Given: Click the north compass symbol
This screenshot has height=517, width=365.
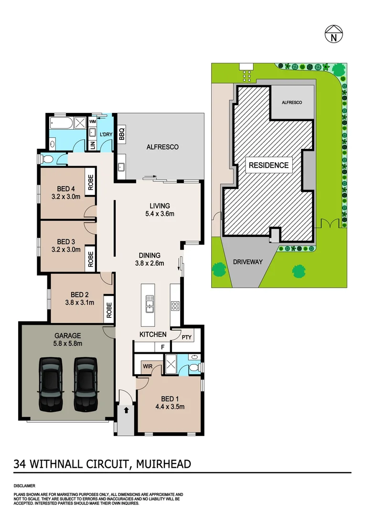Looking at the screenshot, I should coord(333,35).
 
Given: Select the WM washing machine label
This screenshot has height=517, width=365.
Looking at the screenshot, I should coord(93,122).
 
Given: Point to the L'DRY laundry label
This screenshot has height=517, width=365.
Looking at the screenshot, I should coord(106,135).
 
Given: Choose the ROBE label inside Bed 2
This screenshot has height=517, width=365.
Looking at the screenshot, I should coord(108,310).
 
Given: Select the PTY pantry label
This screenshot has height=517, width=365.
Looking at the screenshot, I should coord(187,337).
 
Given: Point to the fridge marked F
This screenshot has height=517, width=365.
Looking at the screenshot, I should coord(162,347).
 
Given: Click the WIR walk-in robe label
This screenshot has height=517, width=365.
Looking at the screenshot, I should coord(147,366).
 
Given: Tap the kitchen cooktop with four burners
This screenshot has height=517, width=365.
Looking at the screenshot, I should coord(175,305).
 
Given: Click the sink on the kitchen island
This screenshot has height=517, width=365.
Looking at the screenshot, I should coord(150,303).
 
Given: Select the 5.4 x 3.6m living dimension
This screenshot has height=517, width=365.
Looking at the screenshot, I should coord(160,214).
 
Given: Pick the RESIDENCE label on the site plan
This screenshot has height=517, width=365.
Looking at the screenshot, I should coord(268,166).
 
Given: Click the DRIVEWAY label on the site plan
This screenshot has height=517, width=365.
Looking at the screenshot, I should coord(248,262).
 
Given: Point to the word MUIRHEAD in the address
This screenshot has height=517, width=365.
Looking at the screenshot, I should coord(164,463).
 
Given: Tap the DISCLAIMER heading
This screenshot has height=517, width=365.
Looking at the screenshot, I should coord(24,485).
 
